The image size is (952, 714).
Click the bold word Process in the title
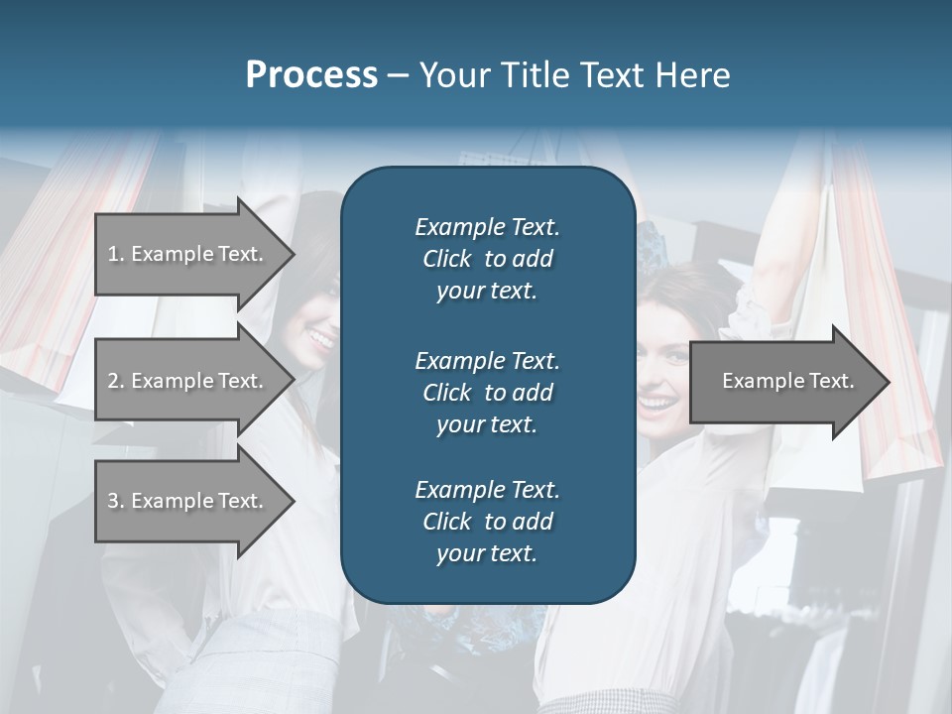(311, 75)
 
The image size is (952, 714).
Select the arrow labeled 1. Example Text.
(188, 254)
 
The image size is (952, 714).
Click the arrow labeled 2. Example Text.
(188, 381)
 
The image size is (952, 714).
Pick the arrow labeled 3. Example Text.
(188, 501)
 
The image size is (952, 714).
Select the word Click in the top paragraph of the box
(447, 259)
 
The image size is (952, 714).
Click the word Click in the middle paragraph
(447, 393)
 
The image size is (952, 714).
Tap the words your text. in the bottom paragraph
(487, 554)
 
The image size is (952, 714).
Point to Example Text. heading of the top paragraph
(487, 227)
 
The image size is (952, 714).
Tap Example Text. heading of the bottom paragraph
(487, 490)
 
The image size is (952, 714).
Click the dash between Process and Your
(398, 75)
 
